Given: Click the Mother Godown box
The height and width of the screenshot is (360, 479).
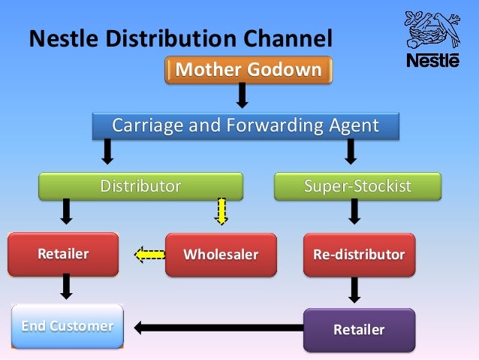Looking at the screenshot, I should click(249, 70).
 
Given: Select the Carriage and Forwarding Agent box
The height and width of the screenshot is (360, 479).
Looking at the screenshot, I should click(246, 126).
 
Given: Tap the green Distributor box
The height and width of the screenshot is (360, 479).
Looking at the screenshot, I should click(141, 186).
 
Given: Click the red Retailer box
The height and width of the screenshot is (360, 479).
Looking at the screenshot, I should click(63, 254).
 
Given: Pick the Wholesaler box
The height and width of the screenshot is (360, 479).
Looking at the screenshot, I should click(221, 254).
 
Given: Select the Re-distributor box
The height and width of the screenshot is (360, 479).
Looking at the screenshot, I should click(359, 254).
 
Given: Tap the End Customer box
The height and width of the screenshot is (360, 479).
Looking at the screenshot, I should click(68, 326).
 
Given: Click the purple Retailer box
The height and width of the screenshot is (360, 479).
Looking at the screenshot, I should click(359, 329).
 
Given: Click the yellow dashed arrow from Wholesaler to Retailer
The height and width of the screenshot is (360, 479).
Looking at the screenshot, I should click(149, 255).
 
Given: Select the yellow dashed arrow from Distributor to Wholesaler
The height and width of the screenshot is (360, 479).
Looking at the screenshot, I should click(221, 211).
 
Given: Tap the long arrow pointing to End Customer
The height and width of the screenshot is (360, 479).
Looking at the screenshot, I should click(218, 327).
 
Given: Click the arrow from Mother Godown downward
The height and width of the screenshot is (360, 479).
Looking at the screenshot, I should click(242, 95).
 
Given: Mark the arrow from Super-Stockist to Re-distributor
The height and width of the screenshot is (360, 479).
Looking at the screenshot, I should click(354, 211).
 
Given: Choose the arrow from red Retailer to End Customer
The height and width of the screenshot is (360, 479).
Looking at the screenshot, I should click(66, 286).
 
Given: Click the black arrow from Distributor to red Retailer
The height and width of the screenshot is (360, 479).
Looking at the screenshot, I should click(66, 211).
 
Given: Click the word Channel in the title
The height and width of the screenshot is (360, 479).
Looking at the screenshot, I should click(282, 37).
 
